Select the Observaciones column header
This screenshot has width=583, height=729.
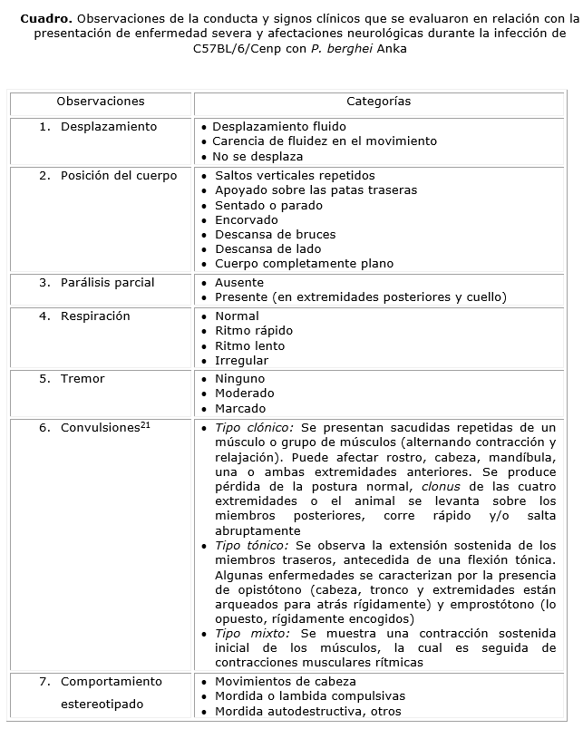coord(100,102)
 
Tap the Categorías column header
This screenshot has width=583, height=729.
coord(378,102)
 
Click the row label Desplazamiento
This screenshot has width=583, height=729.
coord(109,127)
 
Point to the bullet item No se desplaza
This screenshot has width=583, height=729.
coord(257,157)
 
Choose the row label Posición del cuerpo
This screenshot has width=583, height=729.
coord(119,176)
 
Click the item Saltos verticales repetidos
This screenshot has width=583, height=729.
coord(295,176)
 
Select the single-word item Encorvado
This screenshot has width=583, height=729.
coord(246,219)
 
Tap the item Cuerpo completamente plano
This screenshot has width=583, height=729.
coord(304,264)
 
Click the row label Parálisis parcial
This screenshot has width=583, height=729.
coord(108,283)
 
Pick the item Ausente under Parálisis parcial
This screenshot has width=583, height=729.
coord(239,283)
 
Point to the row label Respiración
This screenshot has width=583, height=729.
coord(95,316)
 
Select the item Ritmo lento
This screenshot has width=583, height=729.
coord(249,345)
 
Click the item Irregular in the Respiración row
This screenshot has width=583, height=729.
coord(241,361)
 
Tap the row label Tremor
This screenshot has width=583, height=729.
coord(83,379)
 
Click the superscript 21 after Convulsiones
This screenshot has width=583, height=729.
coord(145,424)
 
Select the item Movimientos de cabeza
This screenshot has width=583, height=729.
coord(285,682)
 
